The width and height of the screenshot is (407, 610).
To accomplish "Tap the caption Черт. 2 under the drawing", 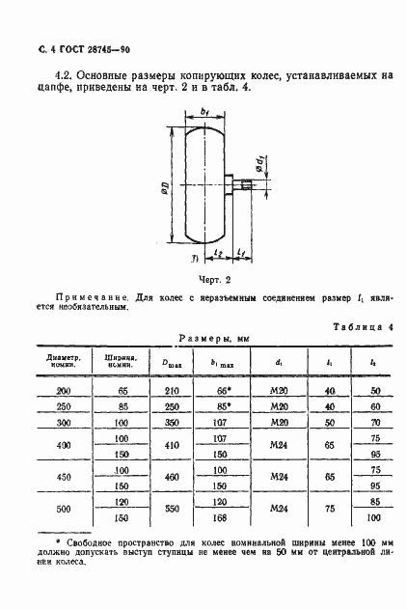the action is tap(209, 279).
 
